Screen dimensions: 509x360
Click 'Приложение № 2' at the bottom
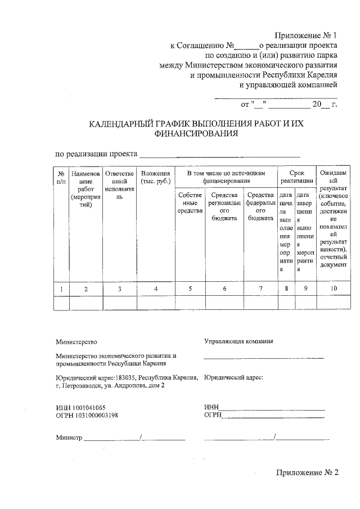coord(307,472)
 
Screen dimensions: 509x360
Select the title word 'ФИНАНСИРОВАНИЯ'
coord(195,134)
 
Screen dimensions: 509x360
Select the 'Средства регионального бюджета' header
coord(224,206)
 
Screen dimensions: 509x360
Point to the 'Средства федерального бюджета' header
coord(260,206)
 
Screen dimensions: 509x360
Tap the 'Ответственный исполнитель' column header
coord(119,186)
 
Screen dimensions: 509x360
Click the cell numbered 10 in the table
coord(334,289)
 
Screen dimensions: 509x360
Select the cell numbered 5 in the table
coord(190,289)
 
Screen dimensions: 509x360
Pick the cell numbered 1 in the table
coord(61,289)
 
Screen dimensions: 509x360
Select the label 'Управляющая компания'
coord(238,341)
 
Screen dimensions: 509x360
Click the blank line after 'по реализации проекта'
coord(219,155)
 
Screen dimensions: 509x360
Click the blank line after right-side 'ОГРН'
coord(273,416)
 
